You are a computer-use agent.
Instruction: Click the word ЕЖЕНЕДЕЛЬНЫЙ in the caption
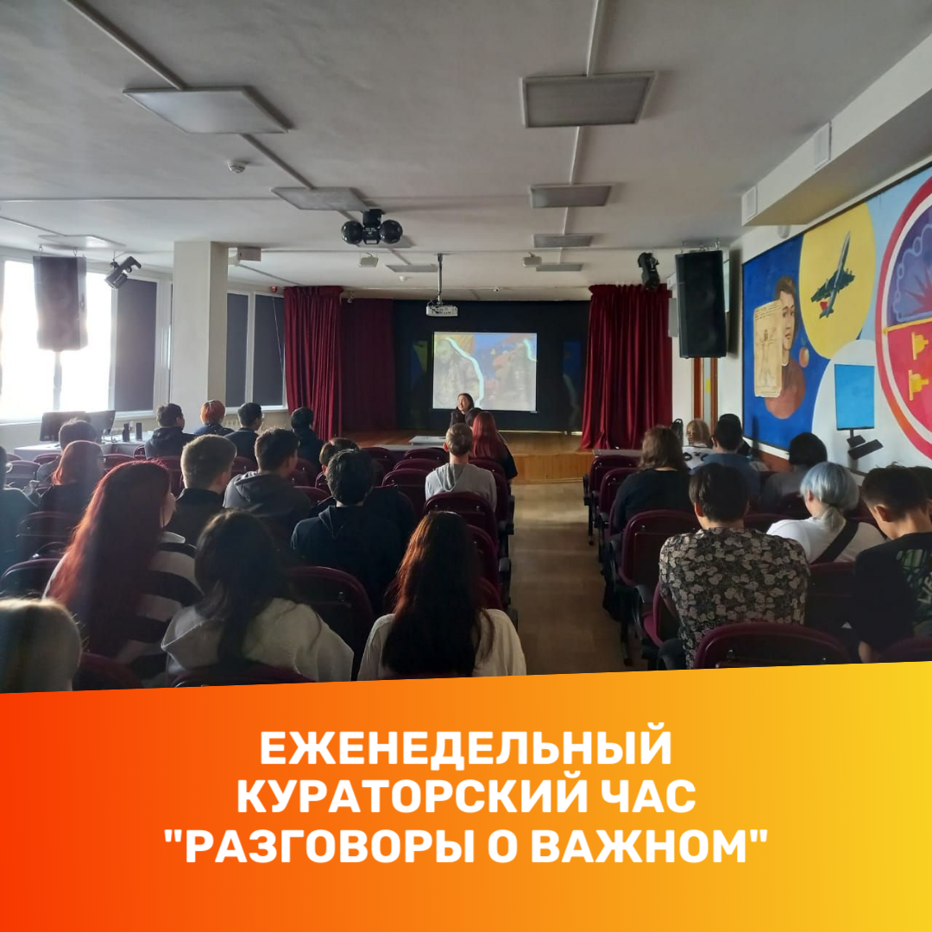(x=466, y=747)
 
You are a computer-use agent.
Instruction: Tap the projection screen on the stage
(x=484, y=371)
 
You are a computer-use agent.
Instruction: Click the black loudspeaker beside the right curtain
(x=700, y=304)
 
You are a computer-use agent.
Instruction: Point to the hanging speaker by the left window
(x=60, y=303)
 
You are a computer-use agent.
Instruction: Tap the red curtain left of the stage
(x=313, y=361)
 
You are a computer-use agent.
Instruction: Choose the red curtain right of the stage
(x=627, y=366)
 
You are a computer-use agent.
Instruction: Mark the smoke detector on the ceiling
(x=236, y=167)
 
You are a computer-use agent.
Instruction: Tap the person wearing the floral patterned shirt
(x=732, y=561)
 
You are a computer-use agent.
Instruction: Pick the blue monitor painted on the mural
(x=854, y=396)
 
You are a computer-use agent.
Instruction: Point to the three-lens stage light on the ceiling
(x=372, y=228)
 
